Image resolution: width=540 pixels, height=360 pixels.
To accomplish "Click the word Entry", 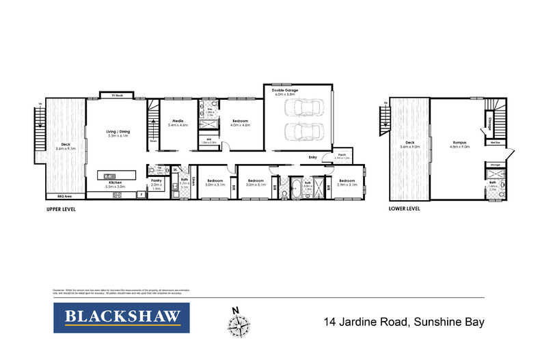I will tap(312, 157).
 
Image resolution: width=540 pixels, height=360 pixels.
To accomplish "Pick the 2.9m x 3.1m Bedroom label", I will tap(347, 182).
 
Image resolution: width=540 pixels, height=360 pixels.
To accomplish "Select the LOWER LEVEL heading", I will tap(404, 209).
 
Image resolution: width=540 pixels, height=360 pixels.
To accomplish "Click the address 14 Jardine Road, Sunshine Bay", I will tap(403, 320).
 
